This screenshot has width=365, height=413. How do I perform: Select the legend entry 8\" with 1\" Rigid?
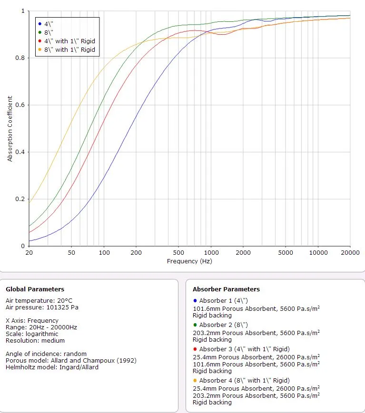69,49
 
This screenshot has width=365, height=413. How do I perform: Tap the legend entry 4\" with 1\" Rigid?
69,41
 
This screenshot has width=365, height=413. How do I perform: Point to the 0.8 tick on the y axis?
23,58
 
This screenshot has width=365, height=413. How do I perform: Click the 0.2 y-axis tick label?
23,199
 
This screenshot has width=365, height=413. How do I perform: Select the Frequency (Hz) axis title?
189,261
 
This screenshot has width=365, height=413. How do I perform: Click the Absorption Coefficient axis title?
10,128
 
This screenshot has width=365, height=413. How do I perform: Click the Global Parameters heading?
35,289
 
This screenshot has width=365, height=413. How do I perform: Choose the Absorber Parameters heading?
226,289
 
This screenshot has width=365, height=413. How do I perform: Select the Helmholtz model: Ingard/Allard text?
52,367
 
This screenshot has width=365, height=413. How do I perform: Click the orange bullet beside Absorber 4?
195,381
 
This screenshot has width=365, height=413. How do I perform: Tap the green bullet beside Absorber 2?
195,325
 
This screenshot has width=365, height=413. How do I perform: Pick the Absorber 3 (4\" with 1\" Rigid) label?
244,349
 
